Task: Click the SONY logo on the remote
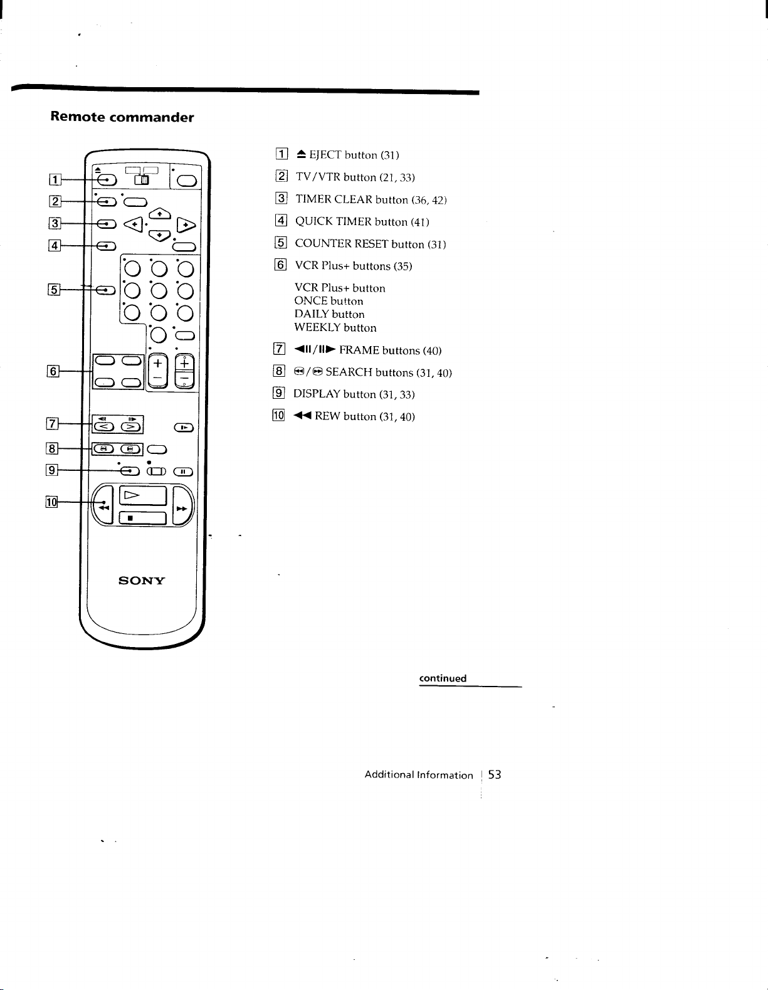pyautogui.click(x=141, y=581)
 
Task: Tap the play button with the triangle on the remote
pyautogui.click(x=142, y=495)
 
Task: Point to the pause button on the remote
pyautogui.click(x=183, y=472)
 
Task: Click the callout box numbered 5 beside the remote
pyautogui.click(x=54, y=289)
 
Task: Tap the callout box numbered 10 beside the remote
pyautogui.click(x=51, y=502)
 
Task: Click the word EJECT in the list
pyautogui.click(x=325, y=155)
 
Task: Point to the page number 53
pyautogui.click(x=495, y=774)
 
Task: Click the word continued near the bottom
pyautogui.click(x=443, y=678)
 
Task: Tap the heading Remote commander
pyautogui.click(x=122, y=117)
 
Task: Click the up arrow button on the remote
pyautogui.click(x=160, y=213)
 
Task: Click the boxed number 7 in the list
pyautogui.click(x=279, y=349)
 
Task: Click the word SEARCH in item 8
pyautogui.click(x=349, y=372)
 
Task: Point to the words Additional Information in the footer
pyautogui.click(x=419, y=775)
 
